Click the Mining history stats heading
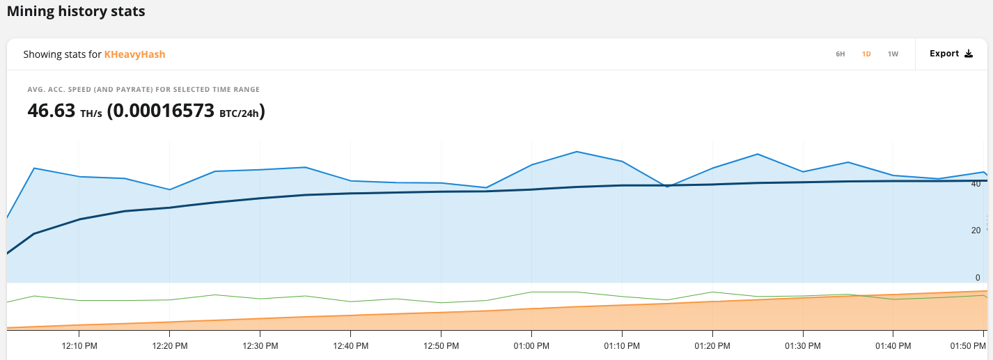pyautogui.click(x=76, y=12)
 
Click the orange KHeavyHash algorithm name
pyautogui.click(x=134, y=54)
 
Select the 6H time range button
pyautogui.click(x=840, y=54)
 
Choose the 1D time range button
pyautogui.click(x=866, y=54)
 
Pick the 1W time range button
pyautogui.click(x=893, y=54)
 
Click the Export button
pyautogui.click(x=944, y=54)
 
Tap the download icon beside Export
pyautogui.click(x=968, y=54)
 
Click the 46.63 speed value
pyautogui.click(x=51, y=111)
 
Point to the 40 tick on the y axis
pyautogui.click(x=976, y=184)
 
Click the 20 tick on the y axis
pyautogui.click(x=976, y=230)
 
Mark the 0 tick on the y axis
pyautogui.click(x=978, y=278)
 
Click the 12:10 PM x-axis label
pyautogui.click(x=79, y=345)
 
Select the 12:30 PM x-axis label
pyautogui.click(x=260, y=345)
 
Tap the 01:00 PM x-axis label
pyautogui.click(x=532, y=345)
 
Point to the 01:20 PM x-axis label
pyautogui.click(x=713, y=345)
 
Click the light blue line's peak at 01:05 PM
pyautogui.click(x=577, y=151)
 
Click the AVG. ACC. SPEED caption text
pyautogui.click(x=143, y=89)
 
